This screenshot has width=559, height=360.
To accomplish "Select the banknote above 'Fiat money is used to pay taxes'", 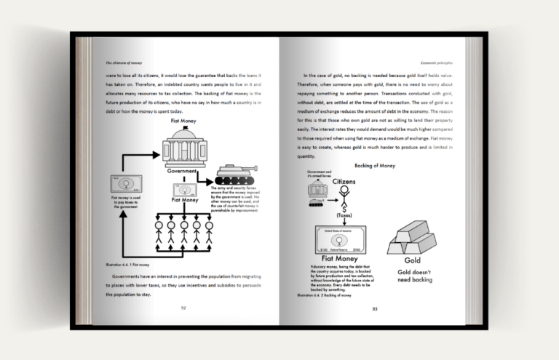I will (125, 184).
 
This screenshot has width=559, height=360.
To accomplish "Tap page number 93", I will (375, 308).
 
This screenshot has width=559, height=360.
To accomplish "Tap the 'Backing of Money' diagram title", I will (374, 166).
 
